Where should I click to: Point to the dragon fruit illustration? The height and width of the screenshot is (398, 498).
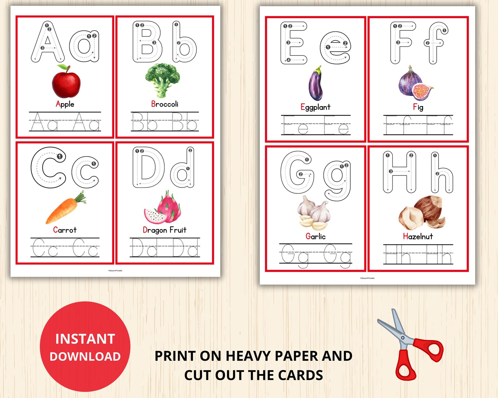(163, 208)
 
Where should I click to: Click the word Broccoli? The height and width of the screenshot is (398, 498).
(165, 104)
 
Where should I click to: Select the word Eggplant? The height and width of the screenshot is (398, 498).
(315, 107)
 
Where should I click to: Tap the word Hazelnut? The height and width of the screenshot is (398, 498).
(418, 236)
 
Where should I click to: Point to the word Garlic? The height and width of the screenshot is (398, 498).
(315, 236)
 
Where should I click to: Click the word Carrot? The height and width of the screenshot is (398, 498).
(65, 230)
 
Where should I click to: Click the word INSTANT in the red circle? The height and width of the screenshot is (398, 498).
(85, 339)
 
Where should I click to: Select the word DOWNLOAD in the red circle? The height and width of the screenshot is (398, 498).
(85, 357)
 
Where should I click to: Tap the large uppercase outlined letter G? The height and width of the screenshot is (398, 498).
(297, 172)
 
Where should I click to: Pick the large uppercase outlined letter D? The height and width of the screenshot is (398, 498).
(148, 167)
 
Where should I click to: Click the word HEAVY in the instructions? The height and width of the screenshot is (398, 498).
(248, 356)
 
